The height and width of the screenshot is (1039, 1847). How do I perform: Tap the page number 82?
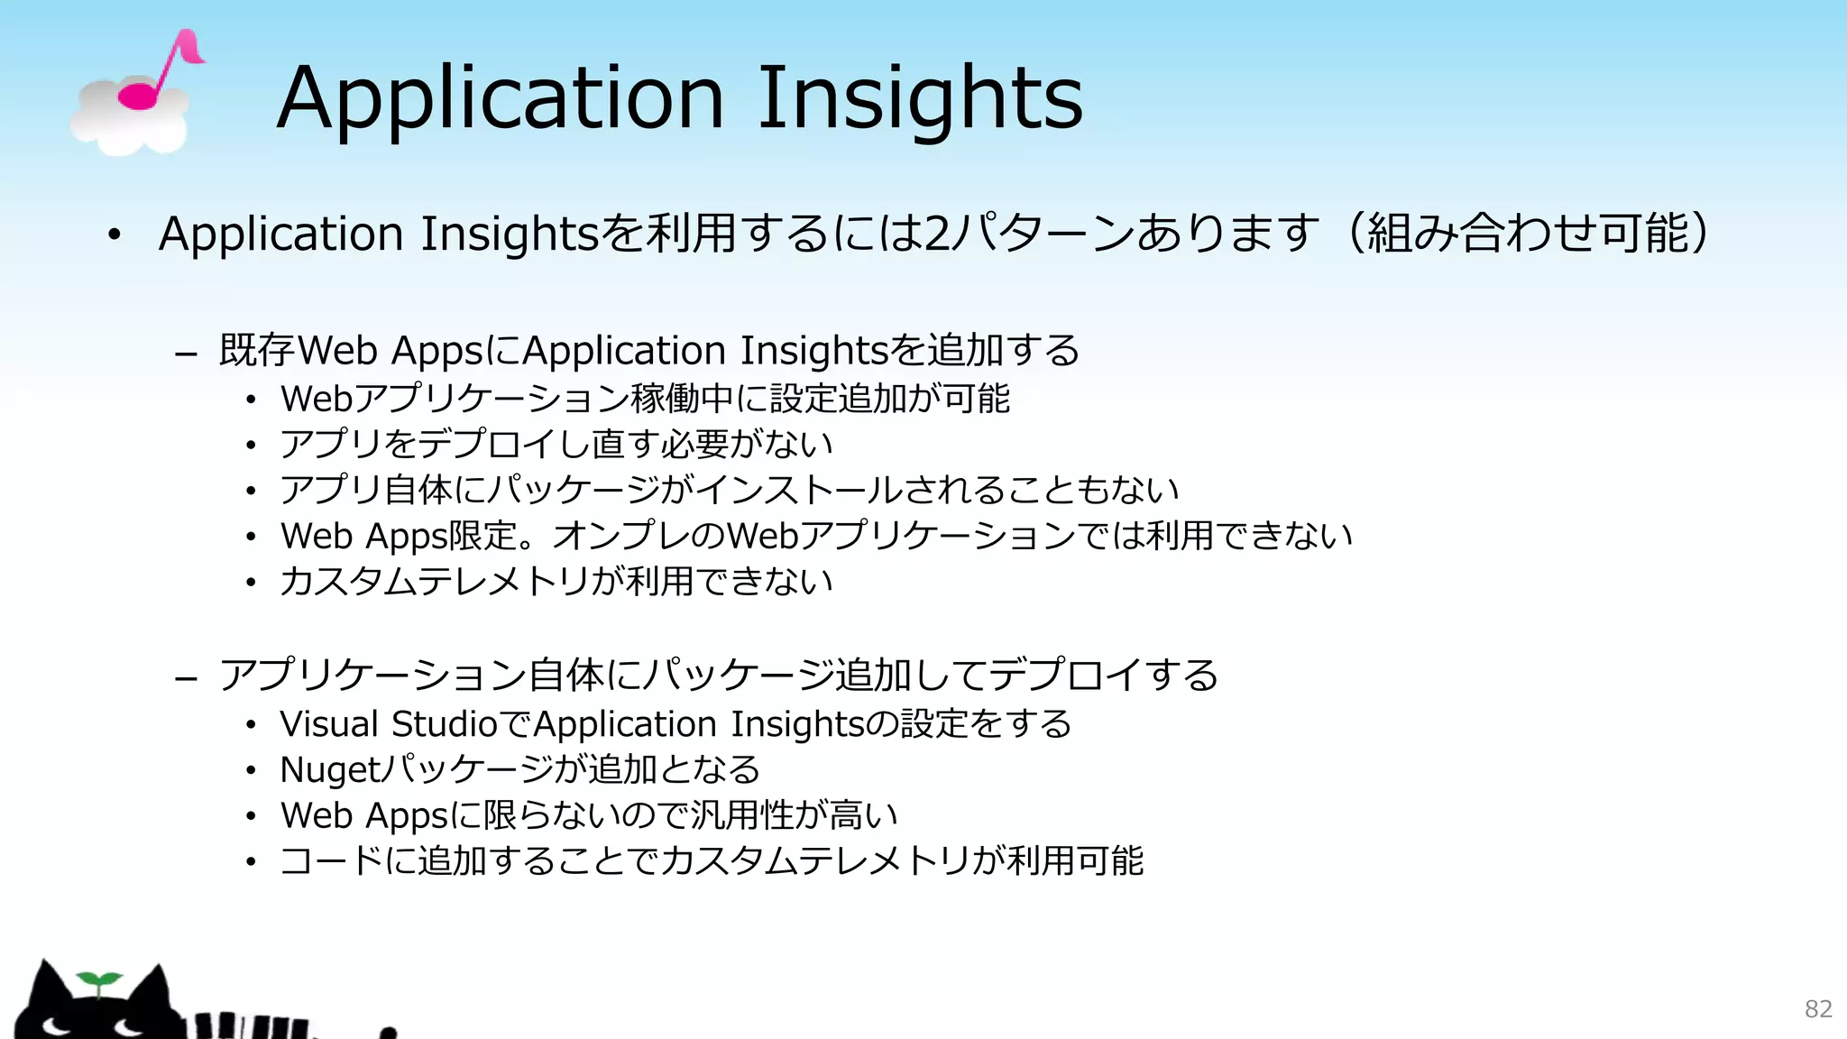click(1818, 1008)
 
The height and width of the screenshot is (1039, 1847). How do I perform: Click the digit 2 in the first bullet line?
click(938, 233)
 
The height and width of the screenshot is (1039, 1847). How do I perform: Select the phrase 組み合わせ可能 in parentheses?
click(1529, 233)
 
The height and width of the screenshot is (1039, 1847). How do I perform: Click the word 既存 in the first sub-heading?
click(257, 350)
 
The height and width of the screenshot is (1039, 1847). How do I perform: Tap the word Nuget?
click(330, 770)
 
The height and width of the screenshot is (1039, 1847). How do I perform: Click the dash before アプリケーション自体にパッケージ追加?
click(186, 678)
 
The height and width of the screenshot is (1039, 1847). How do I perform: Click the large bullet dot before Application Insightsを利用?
click(114, 235)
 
